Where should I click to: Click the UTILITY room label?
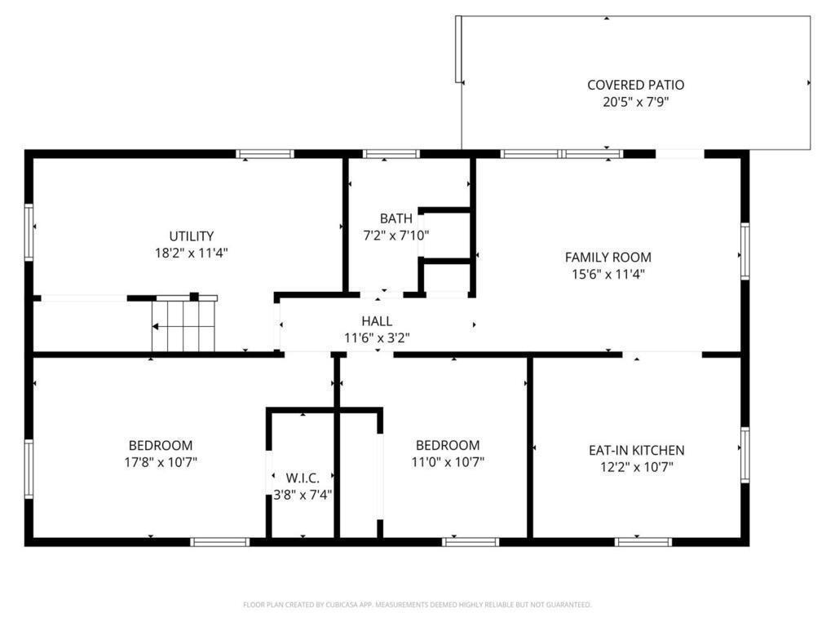(191, 236)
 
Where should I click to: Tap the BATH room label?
(395, 218)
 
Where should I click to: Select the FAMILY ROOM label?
(607, 258)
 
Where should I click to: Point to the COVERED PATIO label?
(635, 85)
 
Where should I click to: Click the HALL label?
(377, 321)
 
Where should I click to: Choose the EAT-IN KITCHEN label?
(636, 450)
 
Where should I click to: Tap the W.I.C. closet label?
(303, 478)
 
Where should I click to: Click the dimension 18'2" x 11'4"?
(191, 253)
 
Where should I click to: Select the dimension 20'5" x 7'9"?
(635, 102)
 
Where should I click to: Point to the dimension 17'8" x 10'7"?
(161, 462)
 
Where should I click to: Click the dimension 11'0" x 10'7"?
(448, 462)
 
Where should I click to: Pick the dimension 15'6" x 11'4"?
(607, 275)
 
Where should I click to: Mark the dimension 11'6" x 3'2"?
(377, 338)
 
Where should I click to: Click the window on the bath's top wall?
(391, 154)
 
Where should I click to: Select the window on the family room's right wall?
(745, 251)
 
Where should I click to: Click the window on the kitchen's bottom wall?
(643, 542)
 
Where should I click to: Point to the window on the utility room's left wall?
(29, 232)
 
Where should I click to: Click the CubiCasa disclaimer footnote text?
(417, 605)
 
